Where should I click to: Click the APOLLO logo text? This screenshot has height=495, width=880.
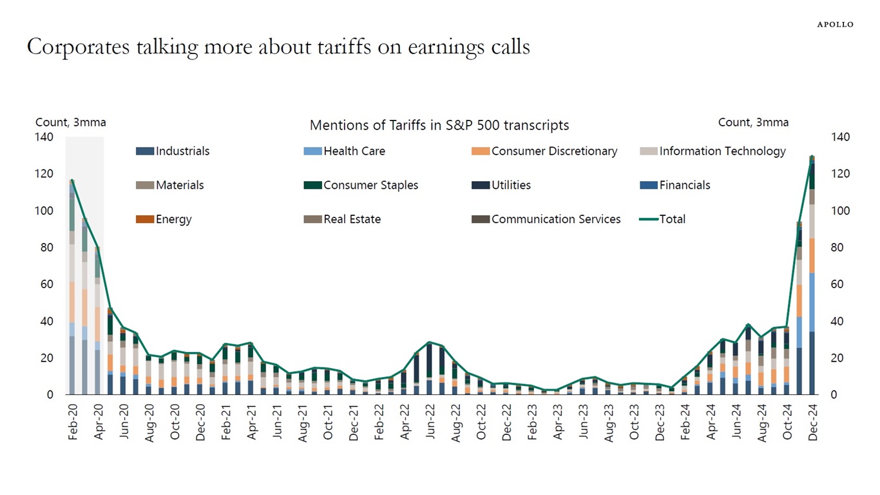(x=835, y=24)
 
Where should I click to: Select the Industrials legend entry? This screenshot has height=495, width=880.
(x=173, y=151)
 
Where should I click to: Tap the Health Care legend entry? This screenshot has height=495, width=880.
(x=345, y=151)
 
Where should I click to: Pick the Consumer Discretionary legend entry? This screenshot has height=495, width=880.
(x=545, y=151)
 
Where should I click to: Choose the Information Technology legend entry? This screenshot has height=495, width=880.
(x=713, y=151)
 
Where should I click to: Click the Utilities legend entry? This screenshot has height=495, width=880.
(x=502, y=186)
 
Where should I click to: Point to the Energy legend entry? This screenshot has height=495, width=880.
(x=164, y=219)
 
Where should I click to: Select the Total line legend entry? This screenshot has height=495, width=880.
(x=663, y=219)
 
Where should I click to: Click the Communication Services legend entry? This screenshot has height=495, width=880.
(x=547, y=219)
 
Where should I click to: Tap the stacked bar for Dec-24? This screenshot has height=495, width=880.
(x=812, y=277)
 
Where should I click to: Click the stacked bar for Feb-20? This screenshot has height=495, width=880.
(x=72, y=290)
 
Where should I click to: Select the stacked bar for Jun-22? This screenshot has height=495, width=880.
(x=429, y=370)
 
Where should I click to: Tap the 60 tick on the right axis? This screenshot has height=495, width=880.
(x=840, y=284)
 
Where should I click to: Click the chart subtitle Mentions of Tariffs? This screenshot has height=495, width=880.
(x=439, y=125)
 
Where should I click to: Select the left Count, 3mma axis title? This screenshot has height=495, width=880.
(x=70, y=122)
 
